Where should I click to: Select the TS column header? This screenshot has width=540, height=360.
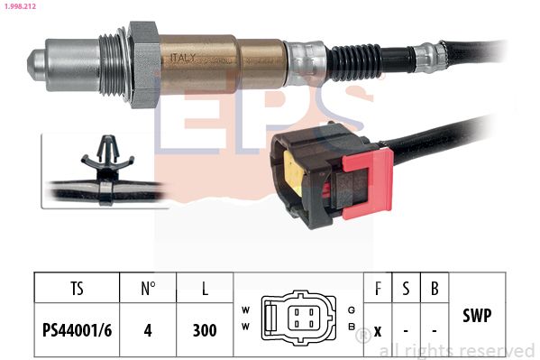point(77,289)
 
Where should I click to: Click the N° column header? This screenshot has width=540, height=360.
point(149,289)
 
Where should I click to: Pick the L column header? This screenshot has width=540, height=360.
point(205,289)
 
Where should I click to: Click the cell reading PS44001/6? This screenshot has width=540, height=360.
point(77,330)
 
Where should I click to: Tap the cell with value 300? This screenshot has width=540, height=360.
point(205,330)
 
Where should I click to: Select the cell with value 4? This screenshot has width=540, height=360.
point(149,330)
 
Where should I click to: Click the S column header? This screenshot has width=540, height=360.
point(406,289)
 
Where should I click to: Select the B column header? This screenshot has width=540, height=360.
point(435,289)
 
